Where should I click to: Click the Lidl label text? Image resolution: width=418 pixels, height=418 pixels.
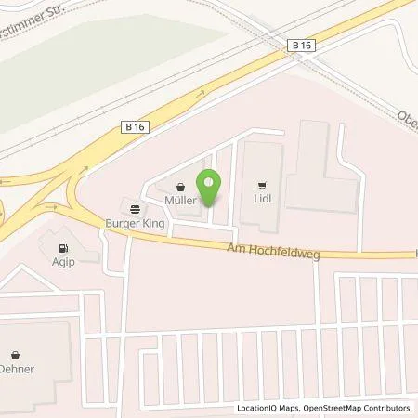point(263,197)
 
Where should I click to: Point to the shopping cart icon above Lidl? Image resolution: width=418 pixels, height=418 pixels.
point(263,184)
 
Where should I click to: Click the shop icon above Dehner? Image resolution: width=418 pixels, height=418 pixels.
point(17,354)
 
